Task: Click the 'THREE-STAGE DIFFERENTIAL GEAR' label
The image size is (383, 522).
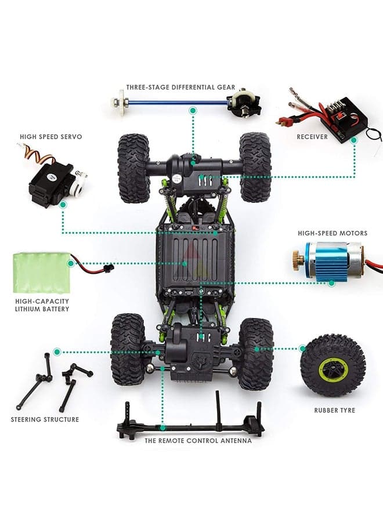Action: pyautogui.click(x=180, y=88)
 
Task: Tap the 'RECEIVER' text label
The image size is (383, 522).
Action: pyautogui.click(x=312, y=137)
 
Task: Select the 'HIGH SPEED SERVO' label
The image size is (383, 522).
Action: pyautogui.click(x=50, y=137)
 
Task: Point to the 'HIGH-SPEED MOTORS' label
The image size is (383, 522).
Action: pyautogui.click(x=333, y=233)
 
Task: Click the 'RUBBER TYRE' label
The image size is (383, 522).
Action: pyautogui.click(x=335, y=411)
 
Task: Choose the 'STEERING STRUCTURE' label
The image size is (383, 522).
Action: pyautogui.click(x=45, y=419)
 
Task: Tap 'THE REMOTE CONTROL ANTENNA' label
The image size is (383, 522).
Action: pyautogui.click(x=198, y=441)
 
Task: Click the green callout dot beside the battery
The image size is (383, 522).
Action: pyautogui.click(x=71, y=264)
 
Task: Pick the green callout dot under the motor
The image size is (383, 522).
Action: pyautogui.click(x=331, y=283)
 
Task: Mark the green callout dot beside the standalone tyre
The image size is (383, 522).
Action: pyautogui.click(x=302, y=349)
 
